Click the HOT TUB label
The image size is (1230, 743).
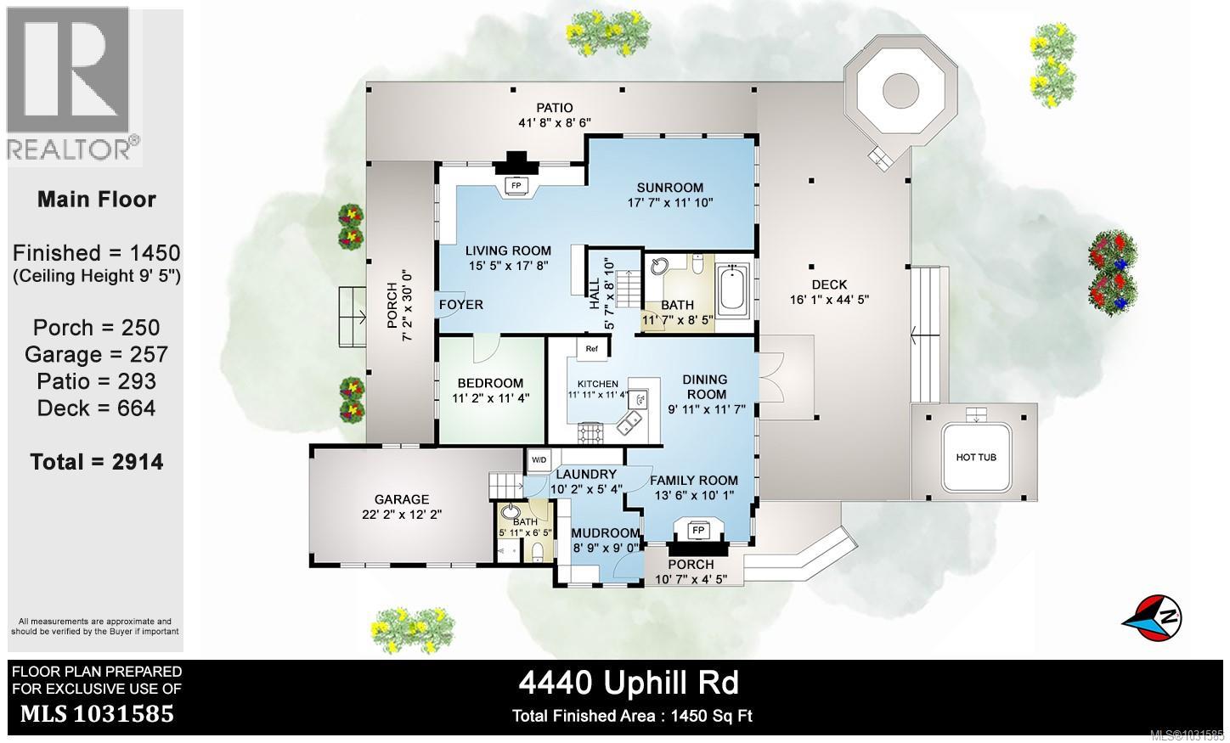coord(976,458)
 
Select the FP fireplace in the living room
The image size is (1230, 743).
coord(515,185)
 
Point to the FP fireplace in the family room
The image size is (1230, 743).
coord(698,531)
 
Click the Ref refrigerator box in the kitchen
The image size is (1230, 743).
coord(591,348)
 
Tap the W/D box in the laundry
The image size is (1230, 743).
coord(539,459)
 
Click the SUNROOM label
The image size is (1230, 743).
coord(670,188)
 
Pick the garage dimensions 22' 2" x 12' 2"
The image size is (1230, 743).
coord(402,515)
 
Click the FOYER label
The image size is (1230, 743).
coord(461,305)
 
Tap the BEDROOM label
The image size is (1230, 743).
coord(490,383)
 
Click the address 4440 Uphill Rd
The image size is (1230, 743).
coord(629,683)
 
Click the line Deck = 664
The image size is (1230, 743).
coord(96,408)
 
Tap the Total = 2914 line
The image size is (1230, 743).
coord(96,462)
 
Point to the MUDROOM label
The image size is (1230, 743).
coord(605,533)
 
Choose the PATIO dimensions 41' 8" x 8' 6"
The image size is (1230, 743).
coord(554,122)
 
